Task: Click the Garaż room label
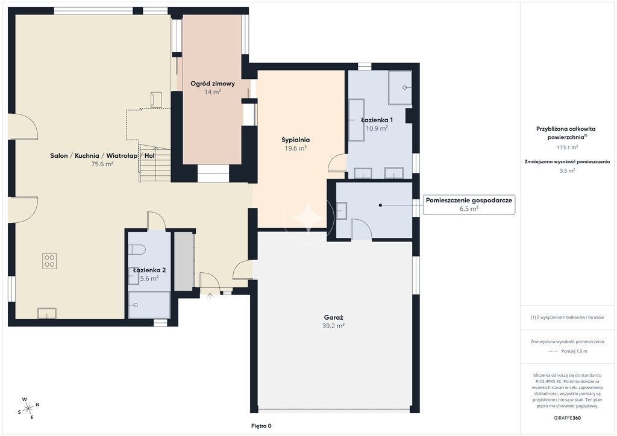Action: click(x=334, y=317)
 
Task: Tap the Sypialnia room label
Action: click(x=295, y=140)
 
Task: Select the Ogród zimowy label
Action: click(x=213, y=83)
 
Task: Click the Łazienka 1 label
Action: click(x=377, y=120)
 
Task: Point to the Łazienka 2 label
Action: click(x=149, y=270)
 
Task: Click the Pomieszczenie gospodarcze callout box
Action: click(x=469, y=204)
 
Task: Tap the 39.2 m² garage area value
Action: click(x=334, y=326)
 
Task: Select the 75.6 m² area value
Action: click(x=102, y=164)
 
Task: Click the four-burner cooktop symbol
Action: click(x=49, y=261)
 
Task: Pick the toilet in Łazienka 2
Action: click(x=137, y=249)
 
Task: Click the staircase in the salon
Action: click(x=155, y=164)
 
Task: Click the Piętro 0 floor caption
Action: click(x=262, y=426)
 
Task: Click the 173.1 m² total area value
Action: click(x=567, y=148)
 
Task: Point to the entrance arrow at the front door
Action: click(x=210, y=296)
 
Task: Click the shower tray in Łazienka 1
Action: click(x=400, y=88)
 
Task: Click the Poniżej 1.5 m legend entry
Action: click(x=574, y=352)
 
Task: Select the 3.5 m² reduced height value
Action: click(x=567, y=170)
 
